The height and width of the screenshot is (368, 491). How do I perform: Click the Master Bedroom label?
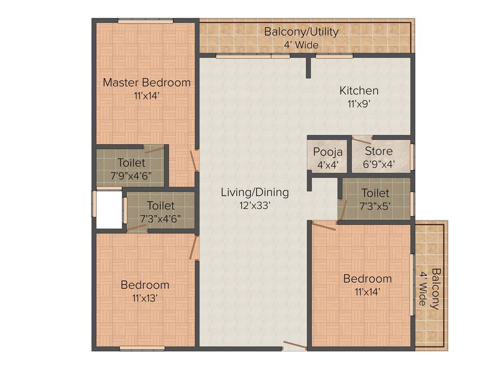click(x=147, y=82)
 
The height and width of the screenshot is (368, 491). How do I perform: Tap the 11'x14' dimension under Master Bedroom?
click(x=147, y=95)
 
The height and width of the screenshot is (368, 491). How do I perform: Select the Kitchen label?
click(x=359, y=91)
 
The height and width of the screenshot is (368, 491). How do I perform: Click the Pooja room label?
click(x=328, y=152)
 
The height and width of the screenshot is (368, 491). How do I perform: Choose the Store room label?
click(x=378, y=151)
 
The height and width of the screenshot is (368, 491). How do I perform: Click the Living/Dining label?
click(x=255, y=193)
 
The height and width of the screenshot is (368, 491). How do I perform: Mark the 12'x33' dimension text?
click(x=255, y=205)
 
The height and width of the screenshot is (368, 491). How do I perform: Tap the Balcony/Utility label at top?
click(x=302, y=32)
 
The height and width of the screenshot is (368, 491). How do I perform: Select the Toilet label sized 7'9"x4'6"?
click(x=131, y=163)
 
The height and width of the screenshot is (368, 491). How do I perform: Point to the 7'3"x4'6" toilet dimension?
click(x=161, y=218)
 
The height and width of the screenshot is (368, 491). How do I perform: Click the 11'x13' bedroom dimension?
click(x=145, y=298)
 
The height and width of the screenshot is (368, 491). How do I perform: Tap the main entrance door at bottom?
click(x=294, y=346)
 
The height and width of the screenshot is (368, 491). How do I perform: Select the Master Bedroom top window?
click(x=146, y=21)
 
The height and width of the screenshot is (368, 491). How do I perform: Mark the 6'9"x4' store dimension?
click(x=378, y=164)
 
